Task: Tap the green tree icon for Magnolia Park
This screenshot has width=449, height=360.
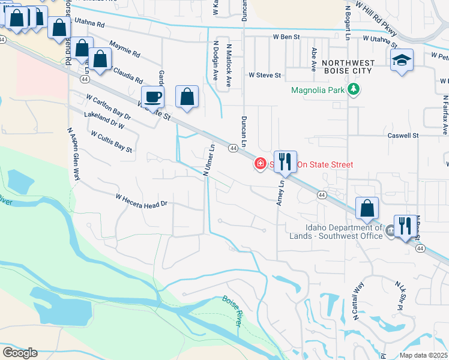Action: (x=354, y=90)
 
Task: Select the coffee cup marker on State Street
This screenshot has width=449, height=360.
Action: (x=152, y=97)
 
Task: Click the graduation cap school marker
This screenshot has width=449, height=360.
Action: (x=402, y=60)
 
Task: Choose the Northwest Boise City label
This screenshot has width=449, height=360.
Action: (x=348, y=67)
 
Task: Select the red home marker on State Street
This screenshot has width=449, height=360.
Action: (x=261, y=163)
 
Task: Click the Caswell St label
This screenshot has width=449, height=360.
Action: (x=403, y=136)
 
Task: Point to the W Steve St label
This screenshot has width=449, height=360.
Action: (x=265, y=76)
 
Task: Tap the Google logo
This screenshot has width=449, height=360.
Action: (x=20, y=353)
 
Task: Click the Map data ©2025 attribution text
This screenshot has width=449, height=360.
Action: (x=423, y=355)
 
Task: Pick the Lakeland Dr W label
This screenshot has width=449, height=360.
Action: (x=104, y=120)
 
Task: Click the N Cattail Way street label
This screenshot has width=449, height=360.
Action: (x=358, y=301)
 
